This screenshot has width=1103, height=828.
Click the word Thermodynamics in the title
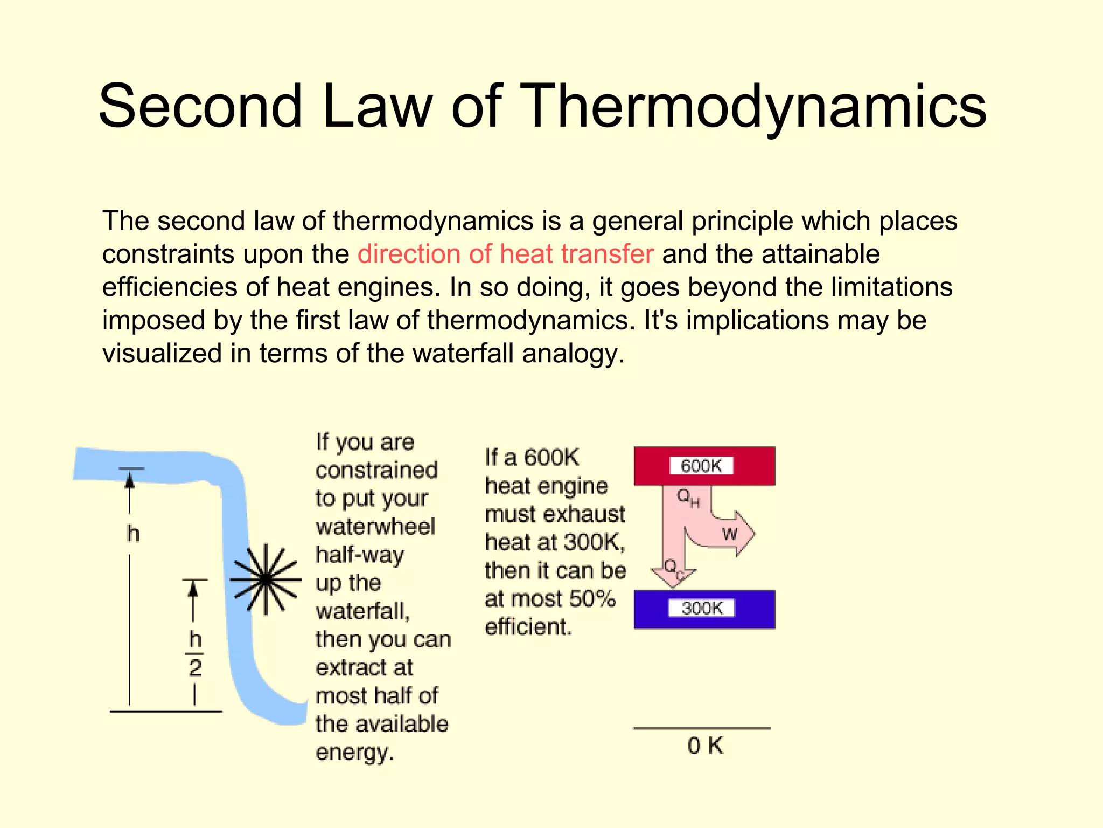pyautogui.click(x=754, y=106)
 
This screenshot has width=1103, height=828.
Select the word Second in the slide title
pyautogui.click(x=200, y=106)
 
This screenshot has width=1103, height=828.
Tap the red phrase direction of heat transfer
pyautogui.click(x=505, y=254)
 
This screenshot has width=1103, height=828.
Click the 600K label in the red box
pyautogui.click(x=701, y=466)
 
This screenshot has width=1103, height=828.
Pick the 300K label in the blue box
pyautogui.click(x=702, y=609)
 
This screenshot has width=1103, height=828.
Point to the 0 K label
pyautogui.click(x=705, y=746)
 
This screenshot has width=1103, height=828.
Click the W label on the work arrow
pyautogui.click(x=730, y=534)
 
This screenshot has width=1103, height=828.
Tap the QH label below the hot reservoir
pyautogui.click(x=688, y=498)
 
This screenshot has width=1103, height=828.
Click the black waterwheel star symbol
pyautogui.click(x=266, y=579)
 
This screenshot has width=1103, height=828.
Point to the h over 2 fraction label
pyautogui.click(x=195, y=653)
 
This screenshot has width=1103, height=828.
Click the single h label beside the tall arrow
pyautogui.click(x=133, y=534)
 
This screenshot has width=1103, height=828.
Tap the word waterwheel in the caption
pyautogui.click(x=375, y=527)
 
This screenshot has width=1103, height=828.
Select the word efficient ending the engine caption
pyautogui.click(x=528, y=627)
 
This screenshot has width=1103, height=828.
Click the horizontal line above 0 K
pyautogui.click(x=702, y=729)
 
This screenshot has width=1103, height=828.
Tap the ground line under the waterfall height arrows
pyautogui.click(x=166, y=712)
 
